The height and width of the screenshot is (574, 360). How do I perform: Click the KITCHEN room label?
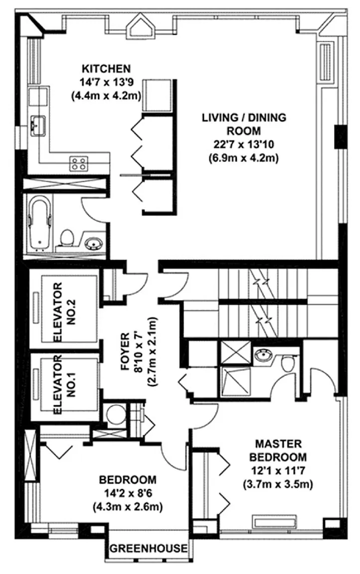point(106,69)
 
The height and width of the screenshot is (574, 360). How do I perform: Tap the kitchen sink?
point(38,125)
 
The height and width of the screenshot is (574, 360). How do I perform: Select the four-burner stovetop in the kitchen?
point(79,163)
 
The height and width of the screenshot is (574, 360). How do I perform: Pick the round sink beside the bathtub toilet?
point(93,243)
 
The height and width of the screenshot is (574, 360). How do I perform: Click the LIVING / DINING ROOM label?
point(244,124)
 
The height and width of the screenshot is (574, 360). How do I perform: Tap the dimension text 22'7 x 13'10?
point(244,144)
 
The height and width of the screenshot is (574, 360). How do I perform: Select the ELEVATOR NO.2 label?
point(64,312)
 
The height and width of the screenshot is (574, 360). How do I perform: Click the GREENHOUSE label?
point(148,548)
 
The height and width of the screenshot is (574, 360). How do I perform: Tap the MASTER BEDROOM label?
point(278,450)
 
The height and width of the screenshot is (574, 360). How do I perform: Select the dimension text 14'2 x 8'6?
point(128,493)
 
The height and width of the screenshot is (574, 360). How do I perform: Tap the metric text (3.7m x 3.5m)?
point(278,484)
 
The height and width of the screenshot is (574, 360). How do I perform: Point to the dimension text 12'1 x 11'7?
point(278,471)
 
